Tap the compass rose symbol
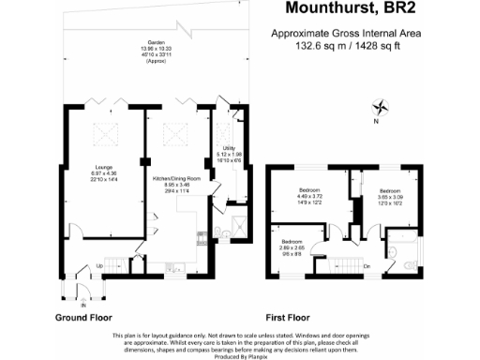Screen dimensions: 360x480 (380, 106)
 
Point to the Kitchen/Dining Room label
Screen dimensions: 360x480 (177, 182)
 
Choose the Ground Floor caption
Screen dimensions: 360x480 (83, 319)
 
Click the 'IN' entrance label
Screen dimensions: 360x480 (82, 305)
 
